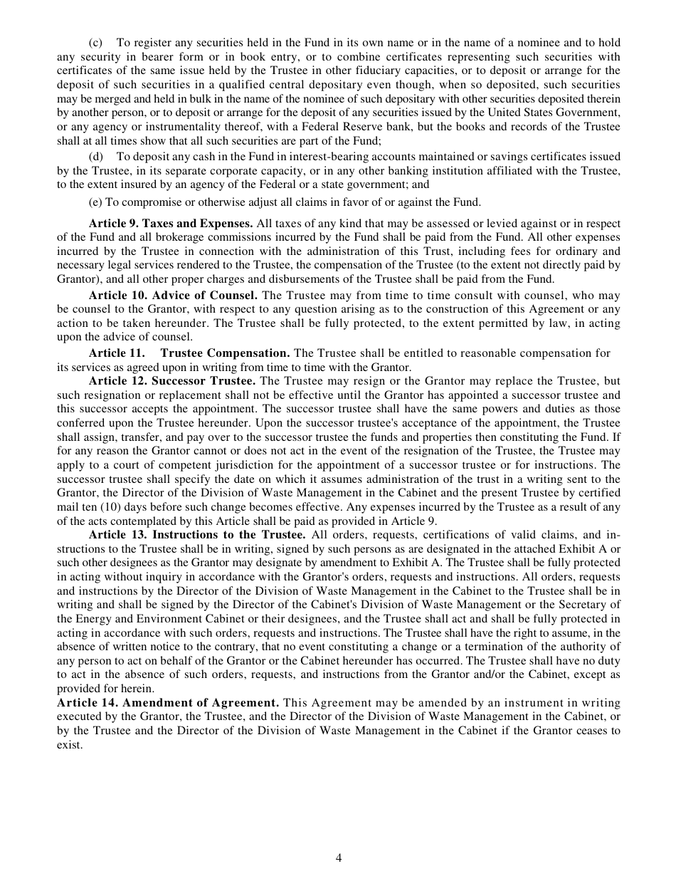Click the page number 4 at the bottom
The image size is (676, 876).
[339, 857]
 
